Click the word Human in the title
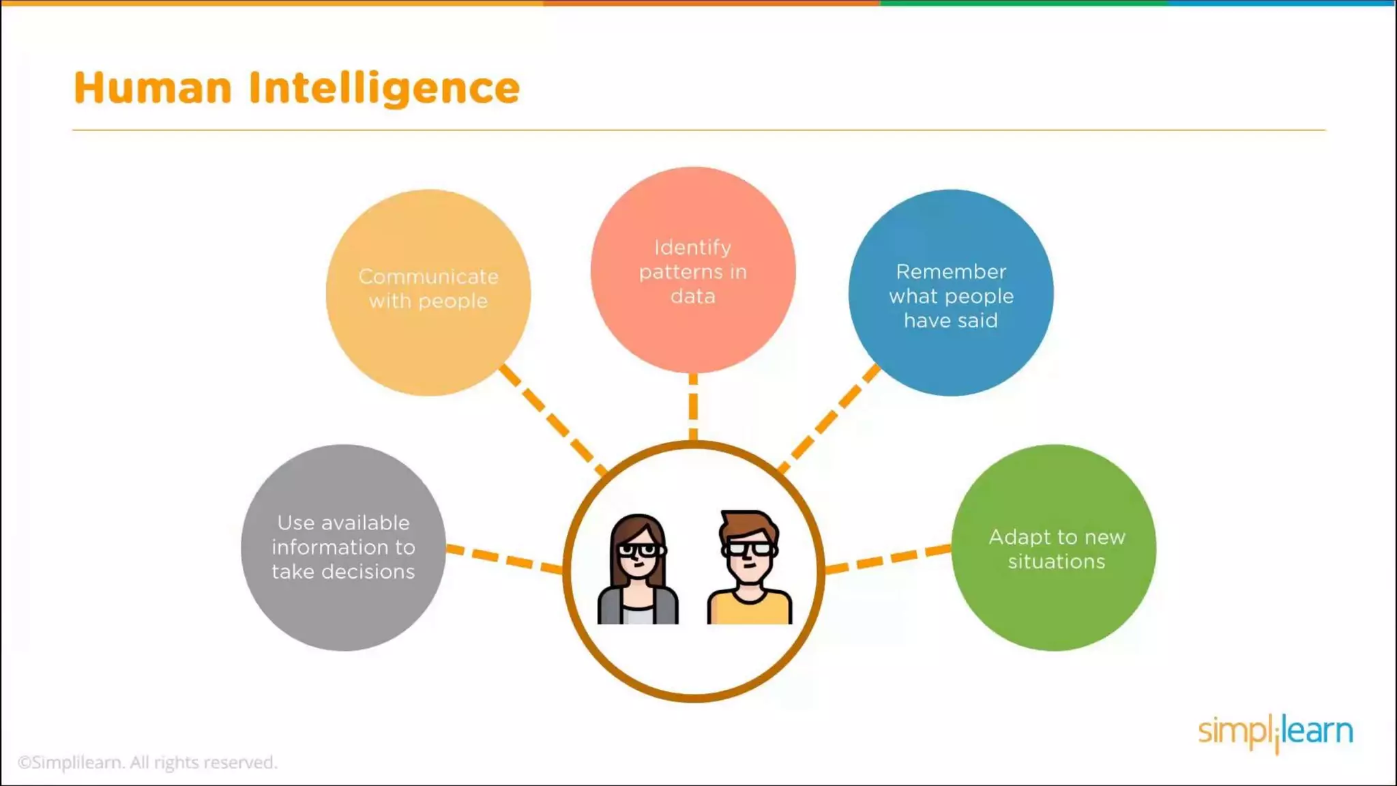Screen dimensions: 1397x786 (153, 88)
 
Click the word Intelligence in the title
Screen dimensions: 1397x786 (384, 89)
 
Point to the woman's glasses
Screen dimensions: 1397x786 (638, 549)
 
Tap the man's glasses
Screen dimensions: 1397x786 (749, 548)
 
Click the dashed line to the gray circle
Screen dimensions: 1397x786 (505, 558)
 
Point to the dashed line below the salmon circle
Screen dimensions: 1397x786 (693, 407)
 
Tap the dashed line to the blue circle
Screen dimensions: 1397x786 (829, 418)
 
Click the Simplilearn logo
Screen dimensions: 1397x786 (1275, 732)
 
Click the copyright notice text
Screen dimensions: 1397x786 (147, 762)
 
